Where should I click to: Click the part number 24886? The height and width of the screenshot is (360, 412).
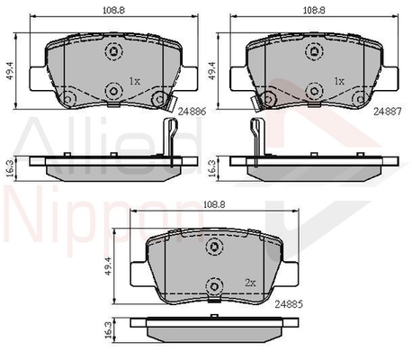click(192, 112)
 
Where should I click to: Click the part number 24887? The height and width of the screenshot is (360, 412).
click(388, 112)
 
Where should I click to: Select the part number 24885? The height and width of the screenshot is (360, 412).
click(289, 304)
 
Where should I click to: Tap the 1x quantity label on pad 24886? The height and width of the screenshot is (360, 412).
click(135, 81)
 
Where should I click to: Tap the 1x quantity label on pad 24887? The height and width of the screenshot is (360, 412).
click(339, 81)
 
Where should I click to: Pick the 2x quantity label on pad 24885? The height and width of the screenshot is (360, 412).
click(250, 283)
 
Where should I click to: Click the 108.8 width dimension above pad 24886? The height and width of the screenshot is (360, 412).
click(113, 10)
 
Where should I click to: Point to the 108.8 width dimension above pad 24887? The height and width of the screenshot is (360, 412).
click(314, 10)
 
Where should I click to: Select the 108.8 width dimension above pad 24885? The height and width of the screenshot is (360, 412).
click(214, 204)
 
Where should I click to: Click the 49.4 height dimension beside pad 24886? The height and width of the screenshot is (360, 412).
click(11, 71)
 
